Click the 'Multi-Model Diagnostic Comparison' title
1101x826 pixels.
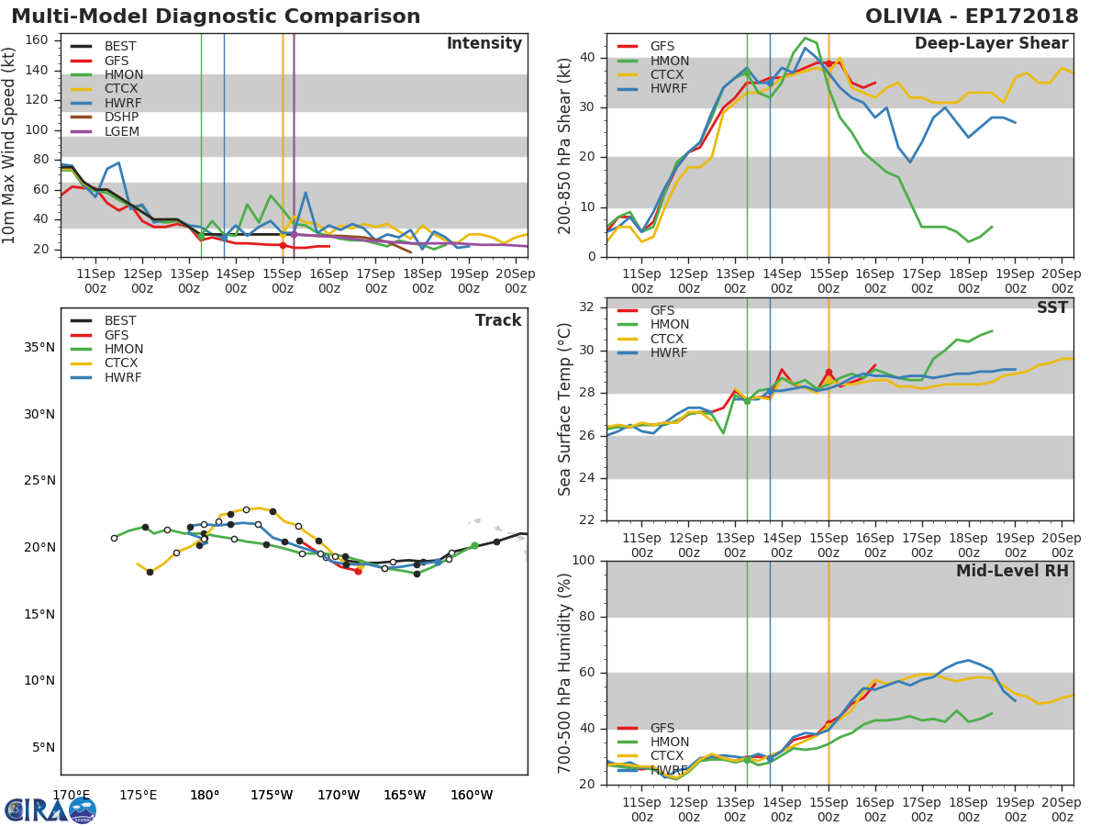click(x=216, y=17)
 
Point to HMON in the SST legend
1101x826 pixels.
click(x=669, y=325)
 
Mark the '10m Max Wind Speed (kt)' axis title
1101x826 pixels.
click(x=10, y=146)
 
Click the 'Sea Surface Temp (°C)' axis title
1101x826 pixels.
click(x=565, y=409)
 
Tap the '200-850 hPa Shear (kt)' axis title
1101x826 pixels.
click(x=565, y=145)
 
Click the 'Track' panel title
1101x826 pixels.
click(x=497, y=320)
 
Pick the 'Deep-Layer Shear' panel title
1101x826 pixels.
click(x=991, y=44)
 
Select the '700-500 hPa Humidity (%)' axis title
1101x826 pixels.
click(x=565, y=673)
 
